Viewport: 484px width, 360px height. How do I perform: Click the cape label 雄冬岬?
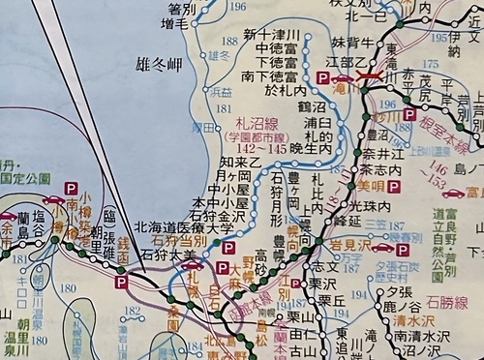[159, 66]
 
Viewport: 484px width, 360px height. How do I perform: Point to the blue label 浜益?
[222, 92]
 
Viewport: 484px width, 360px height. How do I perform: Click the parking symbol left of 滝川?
[322, 76]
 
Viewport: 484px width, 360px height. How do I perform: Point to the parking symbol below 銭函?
[121, 283]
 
